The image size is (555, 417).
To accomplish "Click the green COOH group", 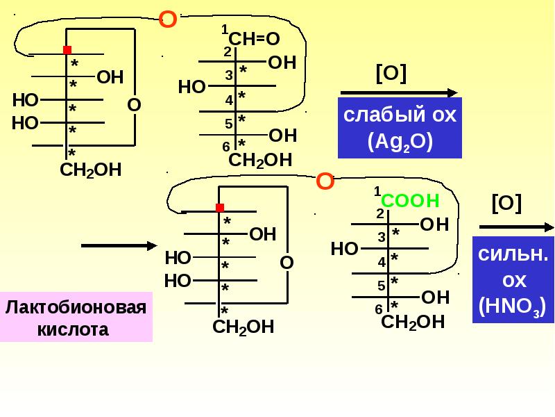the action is click(410, 201).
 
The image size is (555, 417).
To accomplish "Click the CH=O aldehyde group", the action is click(254, 39).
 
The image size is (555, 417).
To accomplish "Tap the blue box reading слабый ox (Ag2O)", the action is click(400, 128).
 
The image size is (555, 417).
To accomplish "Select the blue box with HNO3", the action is click(513, 280).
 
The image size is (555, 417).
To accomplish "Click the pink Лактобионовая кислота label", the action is click(76, 317).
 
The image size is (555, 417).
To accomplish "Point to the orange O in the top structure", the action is click(168, 19).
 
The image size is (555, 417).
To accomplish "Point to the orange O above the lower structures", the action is click(325, 181).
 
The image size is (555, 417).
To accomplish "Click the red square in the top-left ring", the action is click(67, 49).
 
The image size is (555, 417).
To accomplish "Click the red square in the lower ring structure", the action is click(220, 207).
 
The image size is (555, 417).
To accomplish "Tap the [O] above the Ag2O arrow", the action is click(391, 74).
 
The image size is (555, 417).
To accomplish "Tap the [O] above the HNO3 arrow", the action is click(506, 203).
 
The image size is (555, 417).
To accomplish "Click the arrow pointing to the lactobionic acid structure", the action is click(119, 245).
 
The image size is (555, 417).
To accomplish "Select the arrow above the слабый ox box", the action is click(399, 93).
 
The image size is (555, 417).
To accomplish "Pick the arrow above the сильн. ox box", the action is click(517, 227).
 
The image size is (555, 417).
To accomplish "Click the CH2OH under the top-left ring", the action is click(91, 170).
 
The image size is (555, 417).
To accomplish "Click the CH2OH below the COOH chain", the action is click(413, 322).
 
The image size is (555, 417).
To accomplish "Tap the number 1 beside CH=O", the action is click(225, 29).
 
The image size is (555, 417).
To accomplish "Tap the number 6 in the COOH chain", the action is click(379, 309).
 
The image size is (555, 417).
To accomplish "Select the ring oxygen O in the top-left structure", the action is click(134, 105).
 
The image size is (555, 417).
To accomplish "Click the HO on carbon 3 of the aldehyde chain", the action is click(192, 87).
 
